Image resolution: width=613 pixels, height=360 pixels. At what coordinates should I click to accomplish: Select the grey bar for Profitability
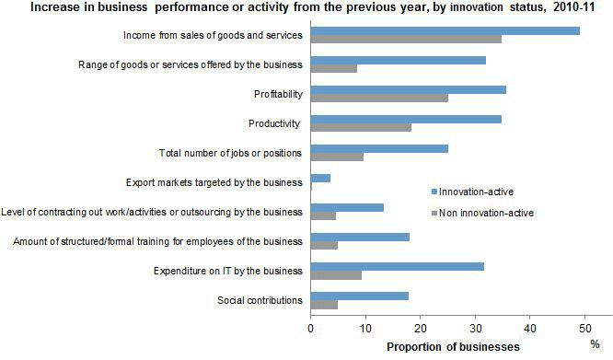(379, 97)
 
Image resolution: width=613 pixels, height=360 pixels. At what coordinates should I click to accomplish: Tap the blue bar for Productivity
(406, 119)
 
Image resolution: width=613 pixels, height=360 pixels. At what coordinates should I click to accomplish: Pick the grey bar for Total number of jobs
(337, 157)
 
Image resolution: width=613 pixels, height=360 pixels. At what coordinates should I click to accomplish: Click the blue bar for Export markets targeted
(320, 178)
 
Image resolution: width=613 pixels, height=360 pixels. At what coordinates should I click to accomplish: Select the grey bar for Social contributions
(324, 304)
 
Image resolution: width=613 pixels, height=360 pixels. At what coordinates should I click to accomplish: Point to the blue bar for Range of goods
(399, 60)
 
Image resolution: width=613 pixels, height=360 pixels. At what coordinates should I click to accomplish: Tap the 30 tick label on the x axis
(475, 327)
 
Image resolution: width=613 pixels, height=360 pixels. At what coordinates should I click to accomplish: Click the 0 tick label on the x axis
(311, 327)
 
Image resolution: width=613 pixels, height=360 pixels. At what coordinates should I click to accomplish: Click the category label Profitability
(278, 94)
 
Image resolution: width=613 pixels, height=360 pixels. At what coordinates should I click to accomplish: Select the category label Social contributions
(260, 300)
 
